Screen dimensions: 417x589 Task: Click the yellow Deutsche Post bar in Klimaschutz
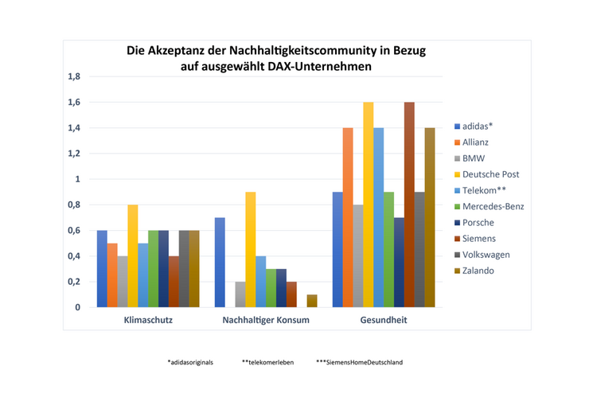pyautogui.click(x=132, y=255)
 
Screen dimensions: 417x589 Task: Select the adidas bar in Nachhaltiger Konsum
pyautogui.click(x=220, y=262)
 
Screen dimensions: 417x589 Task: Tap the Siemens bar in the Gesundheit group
pyautogui.click(x=409, y=205)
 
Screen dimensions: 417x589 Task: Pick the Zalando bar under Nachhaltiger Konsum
pyautogui.click(x=312, y=301)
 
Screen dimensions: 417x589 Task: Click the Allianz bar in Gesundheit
pyautogui.click(x=347, y=217)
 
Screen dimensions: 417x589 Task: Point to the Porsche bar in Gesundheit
pyautogui.click(x=399, y=262)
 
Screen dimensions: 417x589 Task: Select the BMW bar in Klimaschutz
pyautogui.click(x=123, y=281)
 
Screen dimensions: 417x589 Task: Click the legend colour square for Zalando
pyautogui.click(x=457, y=271)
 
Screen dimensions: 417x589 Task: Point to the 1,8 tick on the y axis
pyautogui.click(x=74, y=77)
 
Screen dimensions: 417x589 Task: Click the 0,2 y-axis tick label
pyautogui.click(x=74, y=282)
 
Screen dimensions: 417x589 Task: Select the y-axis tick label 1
pyautogui.click(x=78, y=179)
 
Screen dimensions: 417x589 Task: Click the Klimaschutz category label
pyautogui.click(x=148, y=320)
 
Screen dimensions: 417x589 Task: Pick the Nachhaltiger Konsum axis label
pyautogui.click(x=267, y=320)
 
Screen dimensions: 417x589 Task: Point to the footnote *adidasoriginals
pyautogui.click(x=190, y=362)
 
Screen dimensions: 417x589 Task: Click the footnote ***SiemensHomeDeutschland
pyautogui.click(x=359, y=362)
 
